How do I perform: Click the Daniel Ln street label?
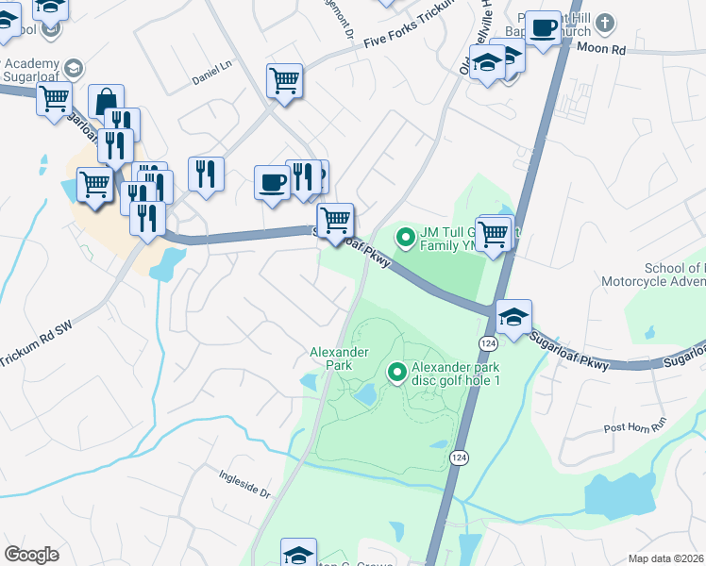pos(212,68)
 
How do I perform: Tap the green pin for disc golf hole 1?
pos(396,374)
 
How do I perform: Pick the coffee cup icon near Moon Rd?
pos(543,27)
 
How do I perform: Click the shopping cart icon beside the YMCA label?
pos(493,231)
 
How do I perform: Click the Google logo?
pos(31,555)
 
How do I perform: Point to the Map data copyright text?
pos(664,558)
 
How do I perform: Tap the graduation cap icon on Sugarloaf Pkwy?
pos(513,316)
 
